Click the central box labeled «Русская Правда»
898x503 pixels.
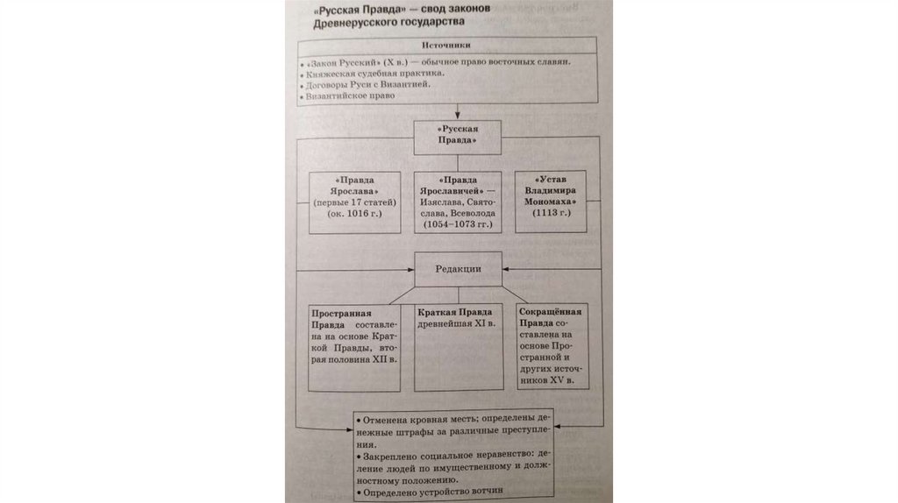point(457,134)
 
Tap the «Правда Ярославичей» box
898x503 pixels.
point(458,201)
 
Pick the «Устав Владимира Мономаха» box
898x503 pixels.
point(550,201)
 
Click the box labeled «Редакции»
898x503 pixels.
point(458,269)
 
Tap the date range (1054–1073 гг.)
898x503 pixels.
point(458,225)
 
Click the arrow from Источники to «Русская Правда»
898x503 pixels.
point(456,112)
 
